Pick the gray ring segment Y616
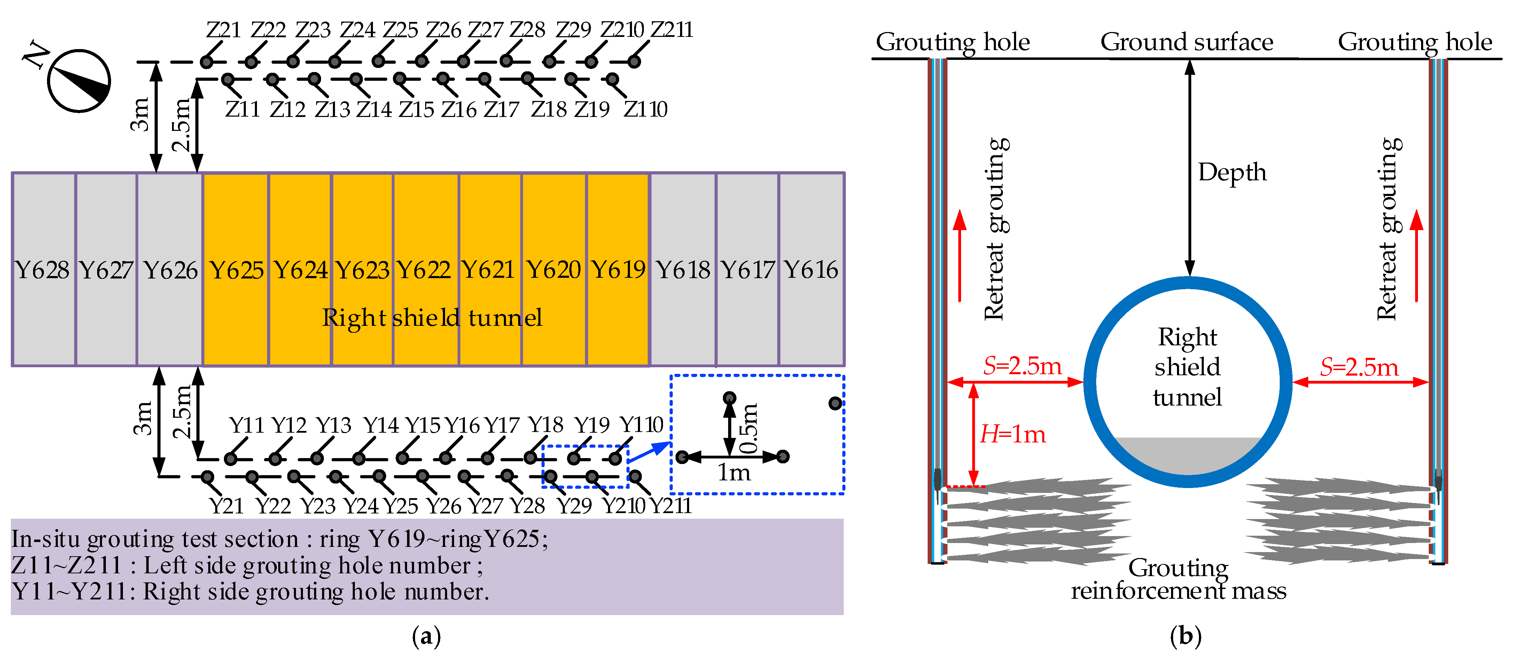(x=811, y=269)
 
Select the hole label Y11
(x=246, y=425)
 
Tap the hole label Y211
(x=671, y=505)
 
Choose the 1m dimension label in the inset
(x=734, y=472)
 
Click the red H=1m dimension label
(x=1013, y=434)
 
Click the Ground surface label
(x=1186, y=42)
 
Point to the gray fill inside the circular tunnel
(x=1188, y=455)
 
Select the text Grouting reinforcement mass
(x=1178, y=579)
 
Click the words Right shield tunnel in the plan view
(x=432, y=318)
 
